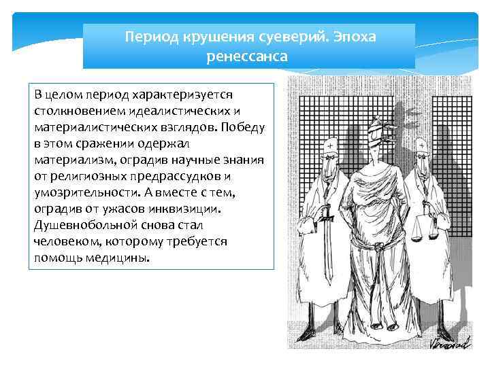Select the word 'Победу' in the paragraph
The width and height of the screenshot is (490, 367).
click(242, 127)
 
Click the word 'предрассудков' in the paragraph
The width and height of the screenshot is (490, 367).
click(176, 177)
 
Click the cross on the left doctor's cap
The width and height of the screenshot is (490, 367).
click(330, 145)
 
